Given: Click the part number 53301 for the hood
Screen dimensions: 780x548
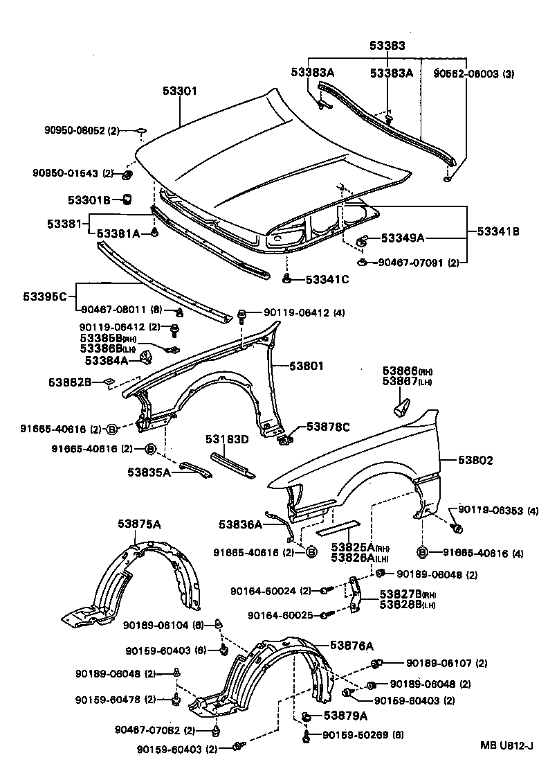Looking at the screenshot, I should pos(181,90).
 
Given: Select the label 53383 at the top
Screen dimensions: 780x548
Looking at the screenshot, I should pos(387,46).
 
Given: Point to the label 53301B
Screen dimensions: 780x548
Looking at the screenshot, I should pos(89,201).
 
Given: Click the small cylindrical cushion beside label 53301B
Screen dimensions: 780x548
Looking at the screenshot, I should pos(127,200).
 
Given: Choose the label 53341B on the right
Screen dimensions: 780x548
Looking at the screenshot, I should pos(497,232).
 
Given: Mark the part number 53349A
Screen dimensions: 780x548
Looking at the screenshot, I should pos(401,238).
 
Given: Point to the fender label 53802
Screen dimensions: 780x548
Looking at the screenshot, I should pos(474,460).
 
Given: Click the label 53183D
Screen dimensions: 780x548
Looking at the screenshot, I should pos(226,439).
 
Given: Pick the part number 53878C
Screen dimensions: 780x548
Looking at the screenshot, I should pos(328,427).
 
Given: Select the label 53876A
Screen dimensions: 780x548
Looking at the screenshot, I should pos(351,646).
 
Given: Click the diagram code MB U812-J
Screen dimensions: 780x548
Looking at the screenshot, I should pos(507,745).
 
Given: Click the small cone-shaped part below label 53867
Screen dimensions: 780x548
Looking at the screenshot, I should pos(401,407).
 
